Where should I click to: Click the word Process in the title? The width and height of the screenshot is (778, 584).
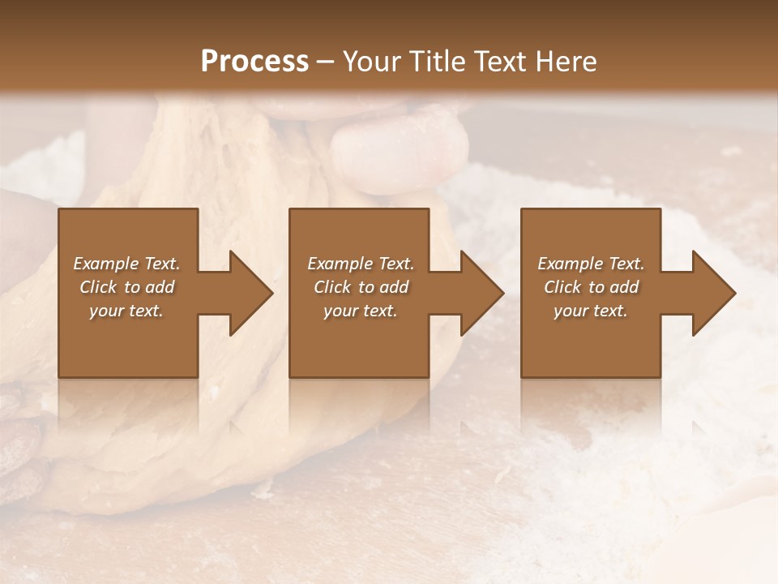(254, 62)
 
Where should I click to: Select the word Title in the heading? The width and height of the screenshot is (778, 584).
(434, 62)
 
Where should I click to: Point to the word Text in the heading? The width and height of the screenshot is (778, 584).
(500, 62)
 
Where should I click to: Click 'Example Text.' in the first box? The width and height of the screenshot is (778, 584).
(126, 264)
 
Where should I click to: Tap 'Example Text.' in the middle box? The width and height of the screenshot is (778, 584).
(361, 264)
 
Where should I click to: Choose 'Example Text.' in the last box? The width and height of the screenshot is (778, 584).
(591, 264)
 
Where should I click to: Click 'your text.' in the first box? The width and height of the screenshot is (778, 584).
(126, 311)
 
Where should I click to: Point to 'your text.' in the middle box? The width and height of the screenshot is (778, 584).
(361, 311)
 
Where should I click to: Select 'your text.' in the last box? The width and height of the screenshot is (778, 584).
(591, 311)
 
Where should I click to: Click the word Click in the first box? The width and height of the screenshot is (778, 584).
(97, 287)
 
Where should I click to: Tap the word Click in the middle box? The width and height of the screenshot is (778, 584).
(331, 287)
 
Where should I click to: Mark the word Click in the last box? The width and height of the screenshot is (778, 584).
(562, 287)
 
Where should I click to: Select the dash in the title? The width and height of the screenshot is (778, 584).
(325, 62)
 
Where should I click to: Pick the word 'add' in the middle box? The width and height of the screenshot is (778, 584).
(394, 287)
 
